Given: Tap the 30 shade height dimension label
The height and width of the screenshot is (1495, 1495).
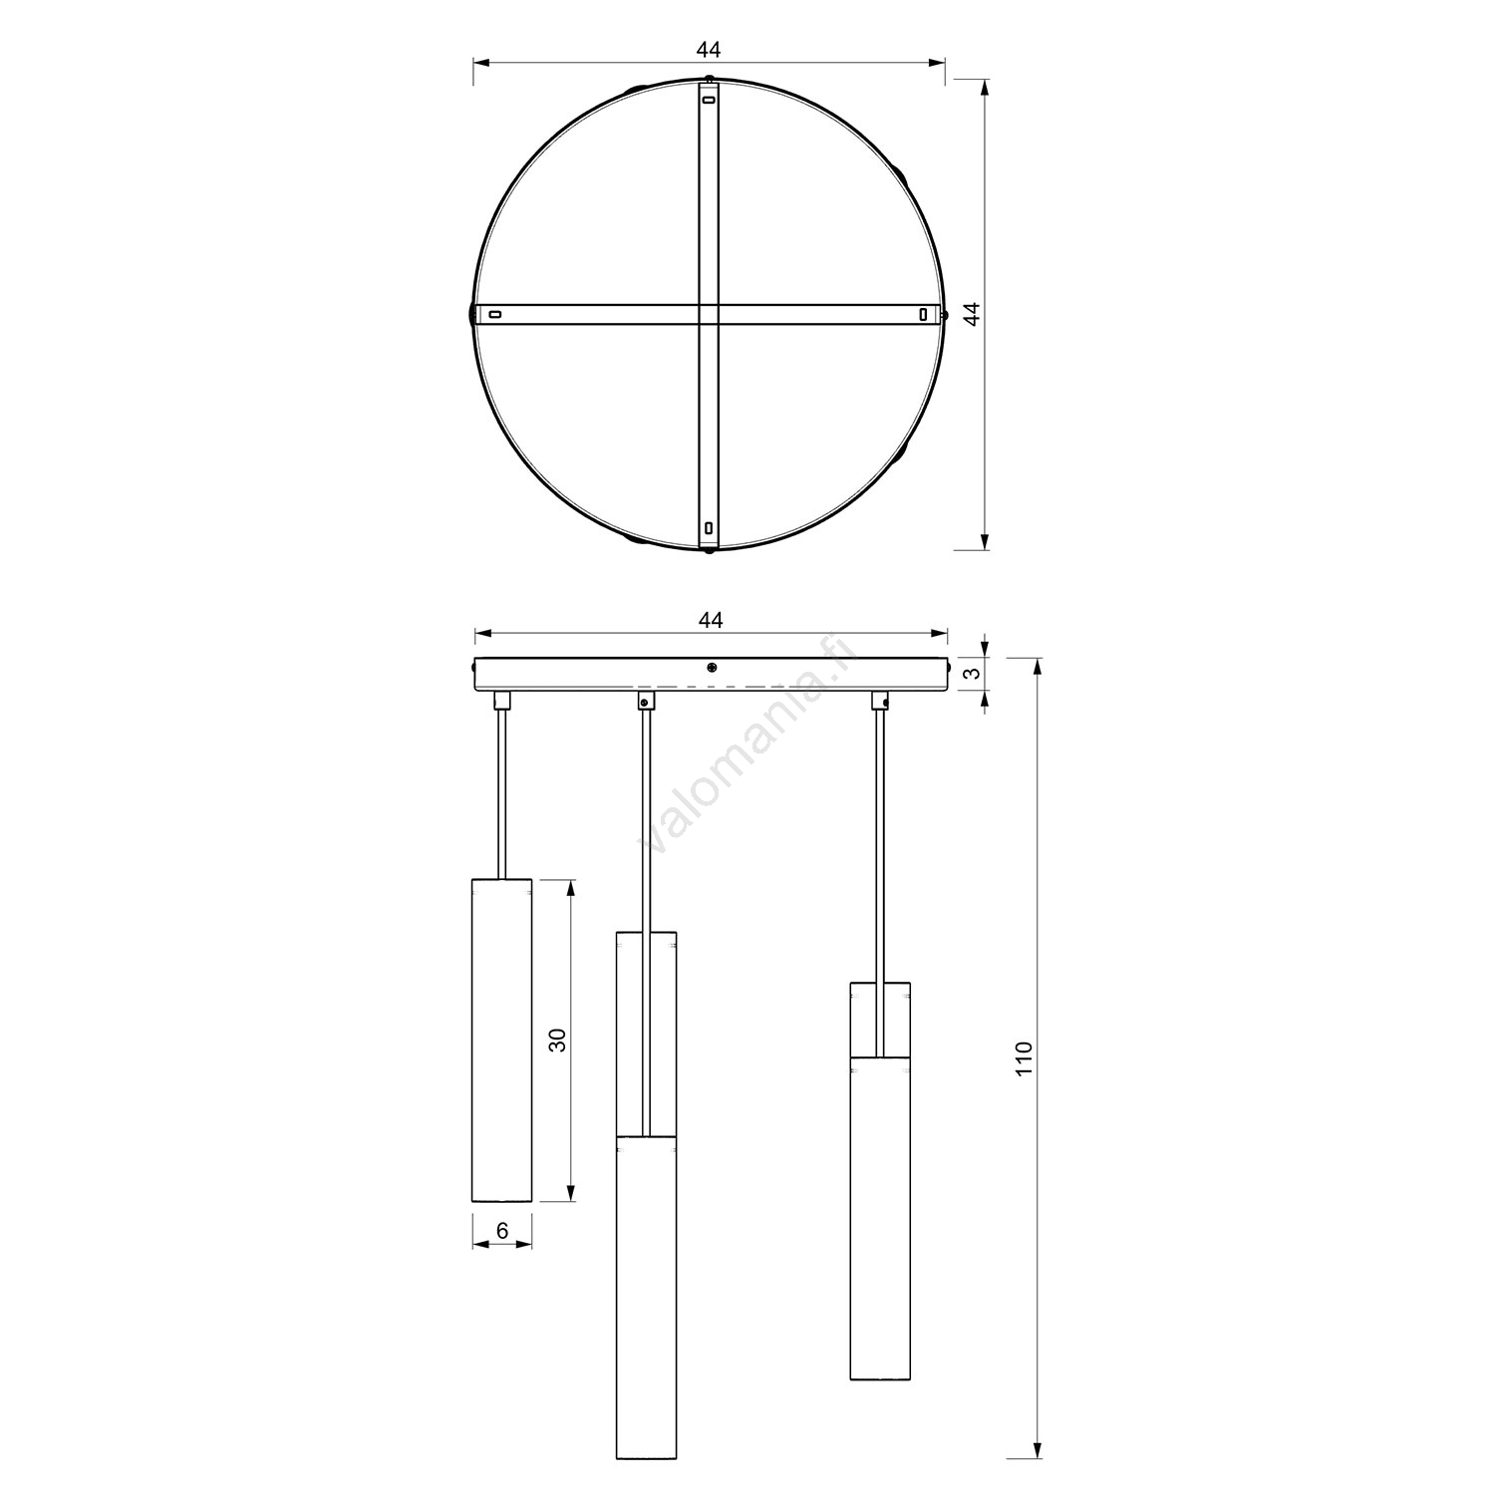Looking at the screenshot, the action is [559, 1041].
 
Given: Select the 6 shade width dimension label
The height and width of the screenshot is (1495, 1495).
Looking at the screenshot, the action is [502, 1231].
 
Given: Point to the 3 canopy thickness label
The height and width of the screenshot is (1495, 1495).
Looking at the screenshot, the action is [975, 672].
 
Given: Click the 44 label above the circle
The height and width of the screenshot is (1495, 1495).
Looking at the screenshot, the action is [709, 49].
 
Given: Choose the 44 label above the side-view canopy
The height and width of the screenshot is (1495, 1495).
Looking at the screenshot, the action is [709, 620].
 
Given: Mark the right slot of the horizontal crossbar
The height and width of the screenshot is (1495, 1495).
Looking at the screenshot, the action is [923, 315].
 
